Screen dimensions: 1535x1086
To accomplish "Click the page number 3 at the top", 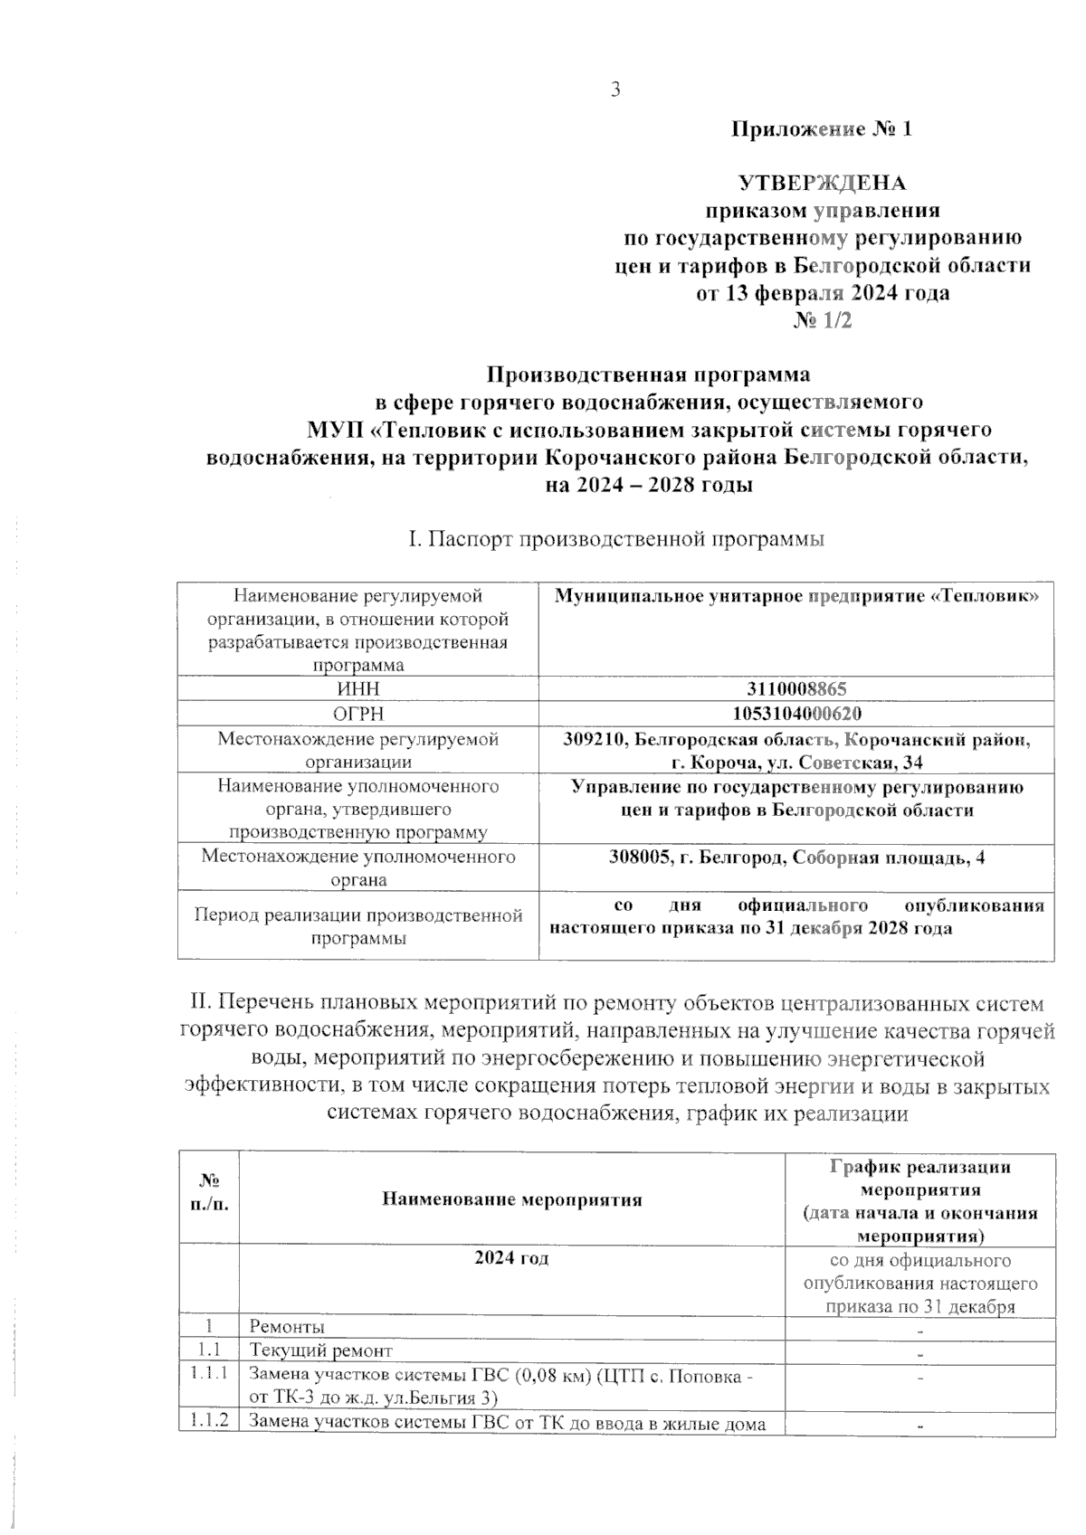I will click(x=615, y=90).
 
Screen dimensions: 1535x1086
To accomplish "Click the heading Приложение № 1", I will click(x=822, y=129).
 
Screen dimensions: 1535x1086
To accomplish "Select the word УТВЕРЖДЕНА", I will click(x=823, y=184).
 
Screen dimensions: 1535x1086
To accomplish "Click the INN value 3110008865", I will click(x=796, y=688).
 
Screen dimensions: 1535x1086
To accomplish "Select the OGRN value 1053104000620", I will click(x=796, y=713).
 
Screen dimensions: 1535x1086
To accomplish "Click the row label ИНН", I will click(x=357, y=688).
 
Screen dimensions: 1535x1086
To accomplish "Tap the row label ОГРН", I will click(x=357, y=713).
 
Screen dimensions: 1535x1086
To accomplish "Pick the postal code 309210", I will click(x=595, y=739).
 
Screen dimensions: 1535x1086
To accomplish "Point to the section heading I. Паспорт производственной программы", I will click(x=616, y=540).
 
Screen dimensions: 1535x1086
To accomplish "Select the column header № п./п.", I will click(x=209, y=1193).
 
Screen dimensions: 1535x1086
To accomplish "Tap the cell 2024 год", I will click(x=511, y=1258).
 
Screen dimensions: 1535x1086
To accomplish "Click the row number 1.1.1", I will click(x=208, y=1373).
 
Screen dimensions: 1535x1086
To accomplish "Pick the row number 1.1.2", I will click(x=208, y=1423).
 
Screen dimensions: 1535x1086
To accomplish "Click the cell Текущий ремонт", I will click(x=320, y=1350).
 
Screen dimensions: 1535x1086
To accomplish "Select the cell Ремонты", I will click(x=287, y=1326).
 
